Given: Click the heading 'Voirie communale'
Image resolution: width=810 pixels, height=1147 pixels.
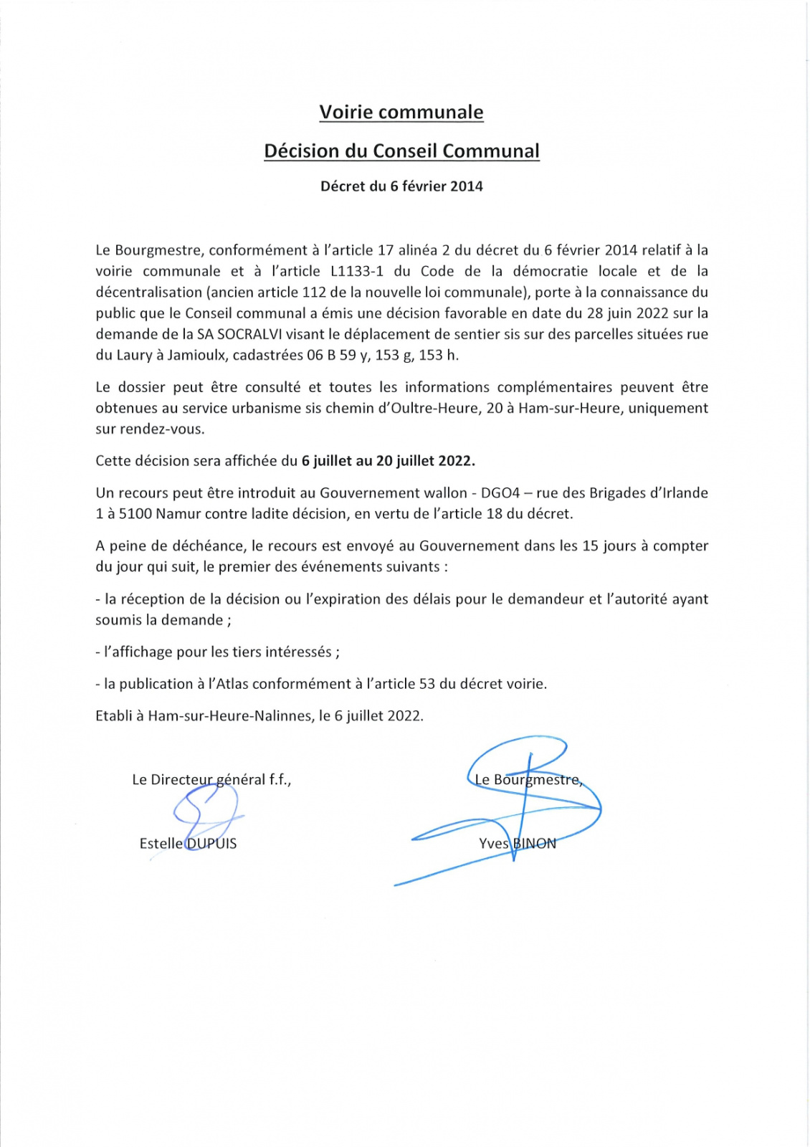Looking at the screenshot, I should point(401,113).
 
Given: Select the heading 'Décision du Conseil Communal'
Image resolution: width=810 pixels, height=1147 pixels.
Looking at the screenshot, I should point(401,151).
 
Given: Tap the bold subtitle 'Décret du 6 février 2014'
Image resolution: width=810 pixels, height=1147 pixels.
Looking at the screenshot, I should point(401,186).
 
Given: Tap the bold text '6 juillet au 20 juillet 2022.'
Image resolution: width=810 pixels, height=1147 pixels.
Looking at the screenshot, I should point(389,461).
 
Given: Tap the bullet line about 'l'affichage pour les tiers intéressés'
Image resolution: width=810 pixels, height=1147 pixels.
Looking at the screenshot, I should point(217,652).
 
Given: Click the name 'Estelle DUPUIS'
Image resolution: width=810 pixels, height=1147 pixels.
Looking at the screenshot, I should point(188,844).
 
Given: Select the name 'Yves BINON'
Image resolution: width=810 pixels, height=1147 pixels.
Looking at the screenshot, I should point(517,844).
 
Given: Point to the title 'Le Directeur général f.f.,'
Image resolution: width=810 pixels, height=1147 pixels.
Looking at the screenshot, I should point(211,780).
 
